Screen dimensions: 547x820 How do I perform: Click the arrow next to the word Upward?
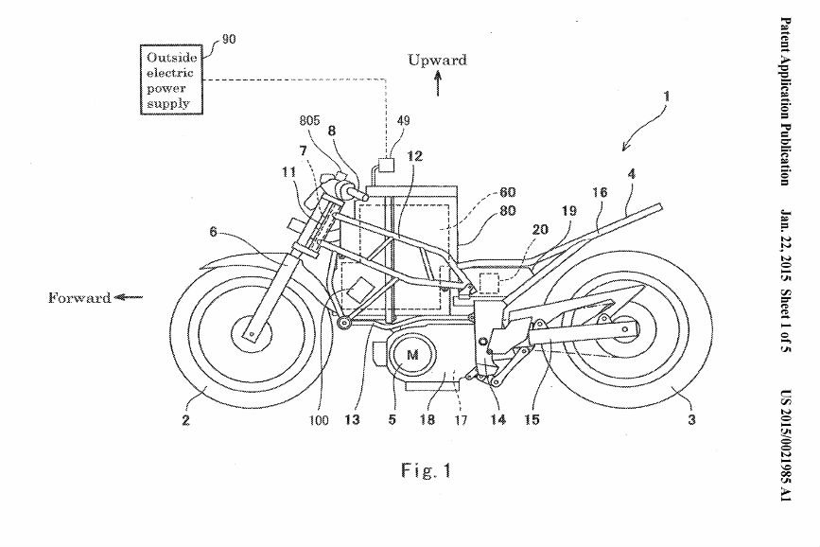(438, 86)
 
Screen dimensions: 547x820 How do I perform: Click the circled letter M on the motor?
(410, 353)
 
